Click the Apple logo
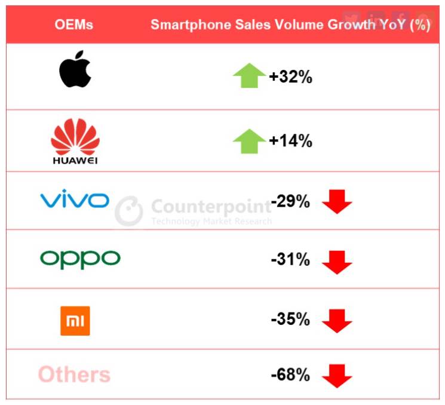click(x=75, y=70)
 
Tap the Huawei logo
click(x=75, y=141)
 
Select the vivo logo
click(x=74, y=199)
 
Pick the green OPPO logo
click(x=80, y=259)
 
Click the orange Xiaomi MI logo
click(x=75, y=320)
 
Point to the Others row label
click(x=74, y=375)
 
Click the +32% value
click(x=290, y=77)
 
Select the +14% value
click(x=290, y=141)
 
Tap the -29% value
click(x=290, y=202)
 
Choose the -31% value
click(x=290, y=260)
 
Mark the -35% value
click(x=290, y=319)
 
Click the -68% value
click(x=290, y=375)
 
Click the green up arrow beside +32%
click(x=249, y=76)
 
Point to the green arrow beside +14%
click(x=249, y=141)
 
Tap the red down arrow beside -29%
click(x=337, y=202)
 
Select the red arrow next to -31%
click(x=337, y=262)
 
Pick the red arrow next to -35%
click(x=337, y=320)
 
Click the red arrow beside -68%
click(x=337, y=376)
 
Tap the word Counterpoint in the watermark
click(x=211, y=207)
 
